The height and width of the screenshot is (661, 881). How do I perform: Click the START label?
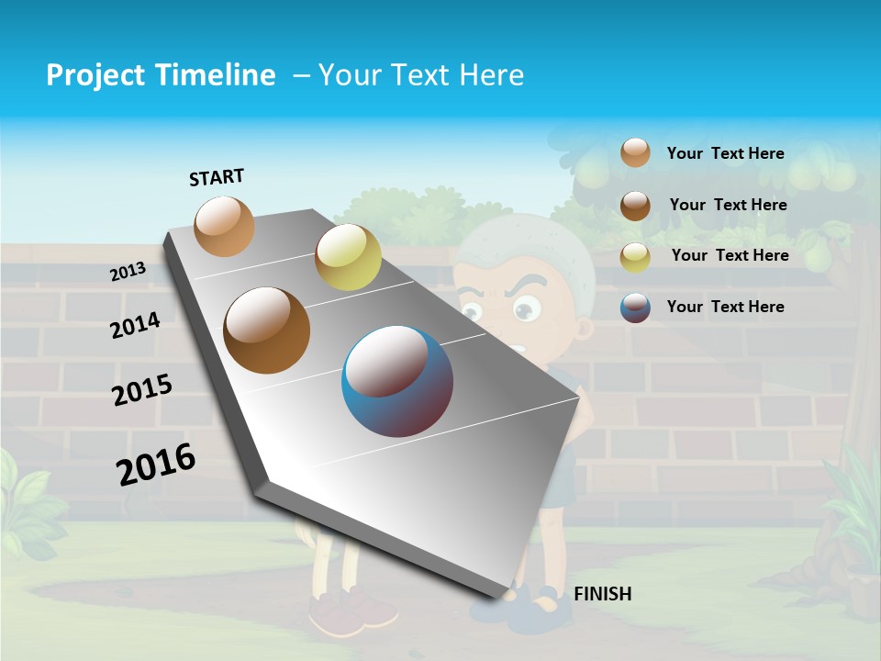tap(217, 177)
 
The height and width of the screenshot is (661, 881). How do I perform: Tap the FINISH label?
tap(602, 594)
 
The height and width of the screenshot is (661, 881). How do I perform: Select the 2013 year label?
tap(128, 272)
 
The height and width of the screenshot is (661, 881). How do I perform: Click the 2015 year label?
tap(142, 390)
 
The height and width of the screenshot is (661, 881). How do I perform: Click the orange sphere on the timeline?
tap(225, 226)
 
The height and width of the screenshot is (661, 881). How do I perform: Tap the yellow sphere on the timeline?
tap(348, 257)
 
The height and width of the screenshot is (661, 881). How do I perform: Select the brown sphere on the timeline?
tap(267, 330)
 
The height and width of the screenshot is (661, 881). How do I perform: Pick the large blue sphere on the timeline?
tap(397, 381)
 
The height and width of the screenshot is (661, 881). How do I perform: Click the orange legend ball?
tap(635, 152)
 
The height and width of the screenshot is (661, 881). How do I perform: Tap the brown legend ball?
tap(635, 205)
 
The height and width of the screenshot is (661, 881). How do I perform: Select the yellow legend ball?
tap(635, 256)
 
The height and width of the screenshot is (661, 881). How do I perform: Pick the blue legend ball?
tap(635, 308)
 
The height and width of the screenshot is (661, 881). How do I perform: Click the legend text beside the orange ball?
tap(725, 153)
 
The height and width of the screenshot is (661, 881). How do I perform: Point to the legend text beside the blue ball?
tap(725, 307)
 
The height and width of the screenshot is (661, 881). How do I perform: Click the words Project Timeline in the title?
tap(161, 75)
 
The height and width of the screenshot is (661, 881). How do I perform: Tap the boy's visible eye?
tap(525, 311)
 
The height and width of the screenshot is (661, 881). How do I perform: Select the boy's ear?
tap(585, 327)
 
